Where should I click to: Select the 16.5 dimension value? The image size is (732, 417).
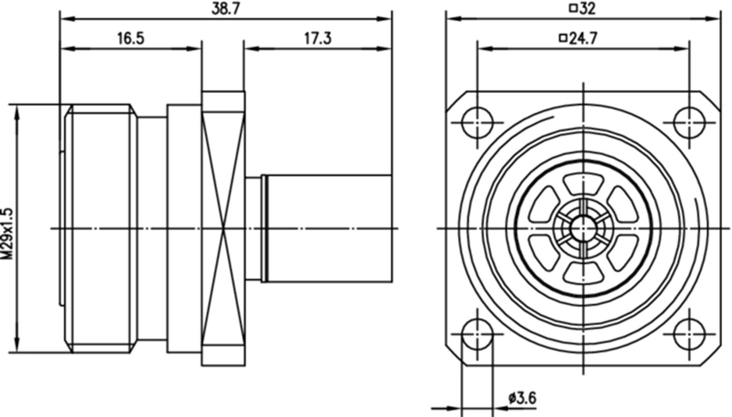click(130, 39)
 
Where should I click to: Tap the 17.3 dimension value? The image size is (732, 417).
click(318, 39)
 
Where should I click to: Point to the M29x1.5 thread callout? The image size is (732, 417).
click(7, 233)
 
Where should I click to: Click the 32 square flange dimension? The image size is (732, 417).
click(587, 8)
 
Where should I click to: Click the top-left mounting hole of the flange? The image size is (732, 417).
click(478, 123)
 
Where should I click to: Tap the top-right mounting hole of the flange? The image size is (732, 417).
click(689, 123)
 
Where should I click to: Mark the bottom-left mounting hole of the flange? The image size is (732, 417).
click(478, 334)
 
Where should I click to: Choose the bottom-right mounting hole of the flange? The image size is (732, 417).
click(689, 334)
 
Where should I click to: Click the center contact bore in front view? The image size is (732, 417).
click(583, 229)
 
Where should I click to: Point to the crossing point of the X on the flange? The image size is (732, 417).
click(223, 229)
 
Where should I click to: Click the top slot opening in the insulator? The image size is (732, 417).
click(583, 185)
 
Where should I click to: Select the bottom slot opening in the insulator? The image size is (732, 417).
click(583, 272)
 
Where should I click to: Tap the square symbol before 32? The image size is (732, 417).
click(573, 8)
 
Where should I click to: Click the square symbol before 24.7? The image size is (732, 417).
click(563, 38)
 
